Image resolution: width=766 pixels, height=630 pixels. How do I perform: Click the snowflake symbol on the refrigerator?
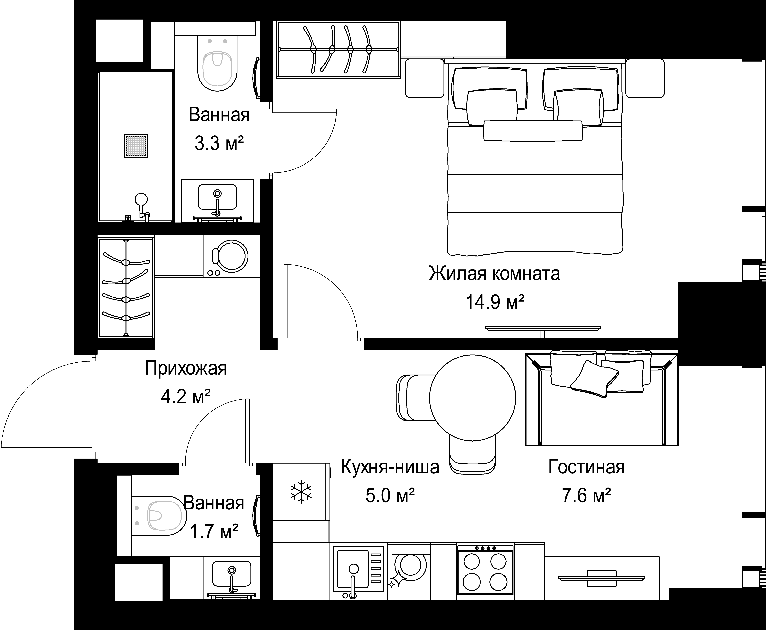[x=301, y=492]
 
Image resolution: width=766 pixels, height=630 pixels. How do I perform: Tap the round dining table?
[x=472, y=398]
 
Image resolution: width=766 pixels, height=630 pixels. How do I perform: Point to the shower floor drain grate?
[x=136, y=146]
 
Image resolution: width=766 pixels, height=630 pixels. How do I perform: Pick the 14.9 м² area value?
[x=495, y=302]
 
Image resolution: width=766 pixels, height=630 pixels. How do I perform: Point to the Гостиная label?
[x=586, y=467]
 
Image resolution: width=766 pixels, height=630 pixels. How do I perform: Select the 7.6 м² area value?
[x=586, y=496]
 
